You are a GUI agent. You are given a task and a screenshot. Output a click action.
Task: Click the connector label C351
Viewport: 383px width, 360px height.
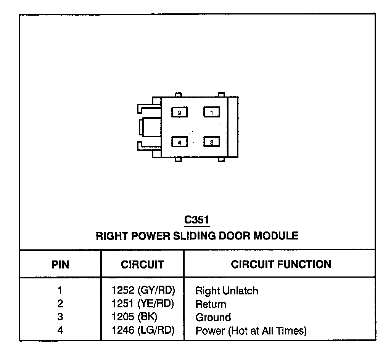click(x=197, y=220)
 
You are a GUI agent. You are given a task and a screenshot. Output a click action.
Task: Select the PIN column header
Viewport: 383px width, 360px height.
click(x=60, y=265)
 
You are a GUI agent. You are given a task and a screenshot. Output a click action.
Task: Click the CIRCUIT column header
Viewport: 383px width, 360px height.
click(x=142, y=265)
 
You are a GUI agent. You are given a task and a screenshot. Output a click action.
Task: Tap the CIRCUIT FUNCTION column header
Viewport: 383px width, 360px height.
click(x=281, y=264)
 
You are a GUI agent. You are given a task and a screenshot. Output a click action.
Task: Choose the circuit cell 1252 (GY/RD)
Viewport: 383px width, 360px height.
click(x=143, y=291)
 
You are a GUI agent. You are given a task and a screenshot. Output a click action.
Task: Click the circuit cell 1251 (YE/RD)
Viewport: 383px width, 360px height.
click(x=143, y=304)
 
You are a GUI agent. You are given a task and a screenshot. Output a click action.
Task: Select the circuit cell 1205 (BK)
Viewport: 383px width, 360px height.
click(x=134, y=317)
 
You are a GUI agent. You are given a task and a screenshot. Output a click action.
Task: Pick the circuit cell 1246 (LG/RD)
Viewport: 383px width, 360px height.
click(x=143, y=330)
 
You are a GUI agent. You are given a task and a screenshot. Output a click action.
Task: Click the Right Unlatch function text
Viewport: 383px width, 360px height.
click(x=227, y=291)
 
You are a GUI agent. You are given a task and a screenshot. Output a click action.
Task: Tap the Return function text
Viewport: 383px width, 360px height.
click(x=211, y=304)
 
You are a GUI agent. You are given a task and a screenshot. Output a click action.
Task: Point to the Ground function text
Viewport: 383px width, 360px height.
click(x=213, y=317)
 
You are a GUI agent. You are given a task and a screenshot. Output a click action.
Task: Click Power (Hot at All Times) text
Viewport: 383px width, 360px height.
click(x=251, y=331)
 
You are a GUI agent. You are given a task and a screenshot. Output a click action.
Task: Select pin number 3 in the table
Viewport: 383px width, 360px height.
click(x=60, y=317)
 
